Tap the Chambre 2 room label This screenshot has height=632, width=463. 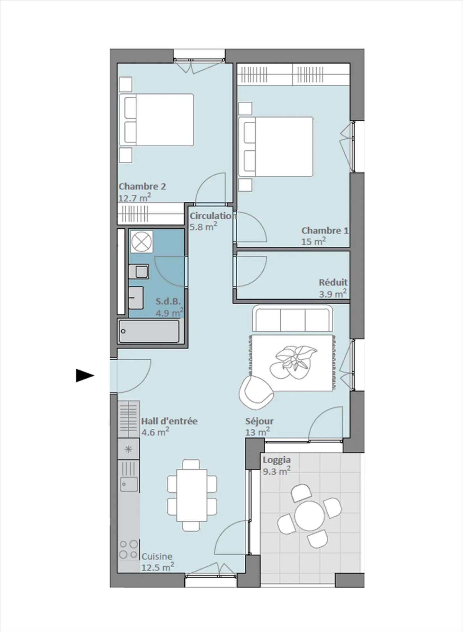[x=142, y=187]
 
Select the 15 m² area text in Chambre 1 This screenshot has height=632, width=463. [x=313, y=241]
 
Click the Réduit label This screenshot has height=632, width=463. [x=333, y=283]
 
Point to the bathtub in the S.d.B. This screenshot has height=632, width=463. [x=149, y=331]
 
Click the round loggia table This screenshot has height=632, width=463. [x=309, y=515]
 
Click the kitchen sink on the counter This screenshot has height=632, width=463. [x=129, y=484]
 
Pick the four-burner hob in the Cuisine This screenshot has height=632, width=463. [x=129, y=549]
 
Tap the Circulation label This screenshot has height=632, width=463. [x=212, y=216]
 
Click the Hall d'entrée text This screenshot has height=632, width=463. [x=169, y=421]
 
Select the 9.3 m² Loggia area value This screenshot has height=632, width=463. [x=276, y=471]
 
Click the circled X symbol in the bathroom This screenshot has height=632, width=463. [x=141, y=241]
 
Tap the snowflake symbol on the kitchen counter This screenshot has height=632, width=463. [x=128, y=449]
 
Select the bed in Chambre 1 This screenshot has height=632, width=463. [x=276, y=147]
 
